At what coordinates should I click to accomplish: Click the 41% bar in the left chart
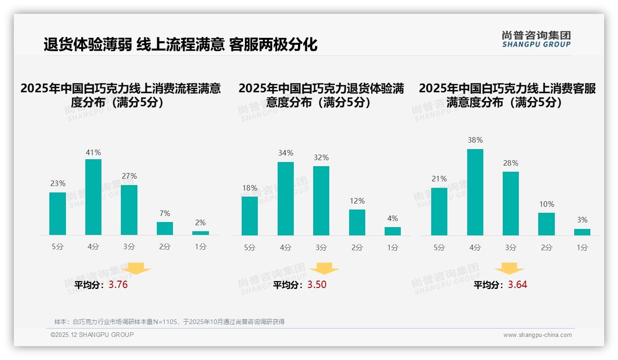click(x=94, y=197)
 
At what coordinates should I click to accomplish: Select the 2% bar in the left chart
click(x=201, y=233)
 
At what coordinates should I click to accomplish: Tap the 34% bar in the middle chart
click(x=285, y=198)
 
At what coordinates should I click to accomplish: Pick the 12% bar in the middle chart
click(x=357, y=222)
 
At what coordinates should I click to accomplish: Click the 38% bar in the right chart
click(x=475, y=192)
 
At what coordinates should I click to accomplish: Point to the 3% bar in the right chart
click(x=582, y=232)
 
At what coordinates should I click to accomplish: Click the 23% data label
click(x=58, y=183)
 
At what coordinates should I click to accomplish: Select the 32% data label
click(x=321, y=157)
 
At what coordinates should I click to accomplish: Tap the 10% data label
click(x=547, y=204)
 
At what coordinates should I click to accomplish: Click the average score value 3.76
click(x=118, y=285)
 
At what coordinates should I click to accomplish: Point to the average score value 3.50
click(x=317, y=285)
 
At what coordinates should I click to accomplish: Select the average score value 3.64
click(x=517, y=285)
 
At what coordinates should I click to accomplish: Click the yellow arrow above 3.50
click(x=324, y=269)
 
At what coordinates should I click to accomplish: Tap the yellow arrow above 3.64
click(x=509, y=269)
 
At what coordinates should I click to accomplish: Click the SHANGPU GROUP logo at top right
click(x=536, y=39)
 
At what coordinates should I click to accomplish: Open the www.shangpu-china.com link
click(x=537, y=335)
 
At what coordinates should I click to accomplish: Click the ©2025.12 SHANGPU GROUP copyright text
click(x=92, y=335)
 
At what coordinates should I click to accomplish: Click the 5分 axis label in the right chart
click(x=439, y=247)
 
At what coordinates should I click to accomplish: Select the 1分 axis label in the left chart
click(x=201, y=246)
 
